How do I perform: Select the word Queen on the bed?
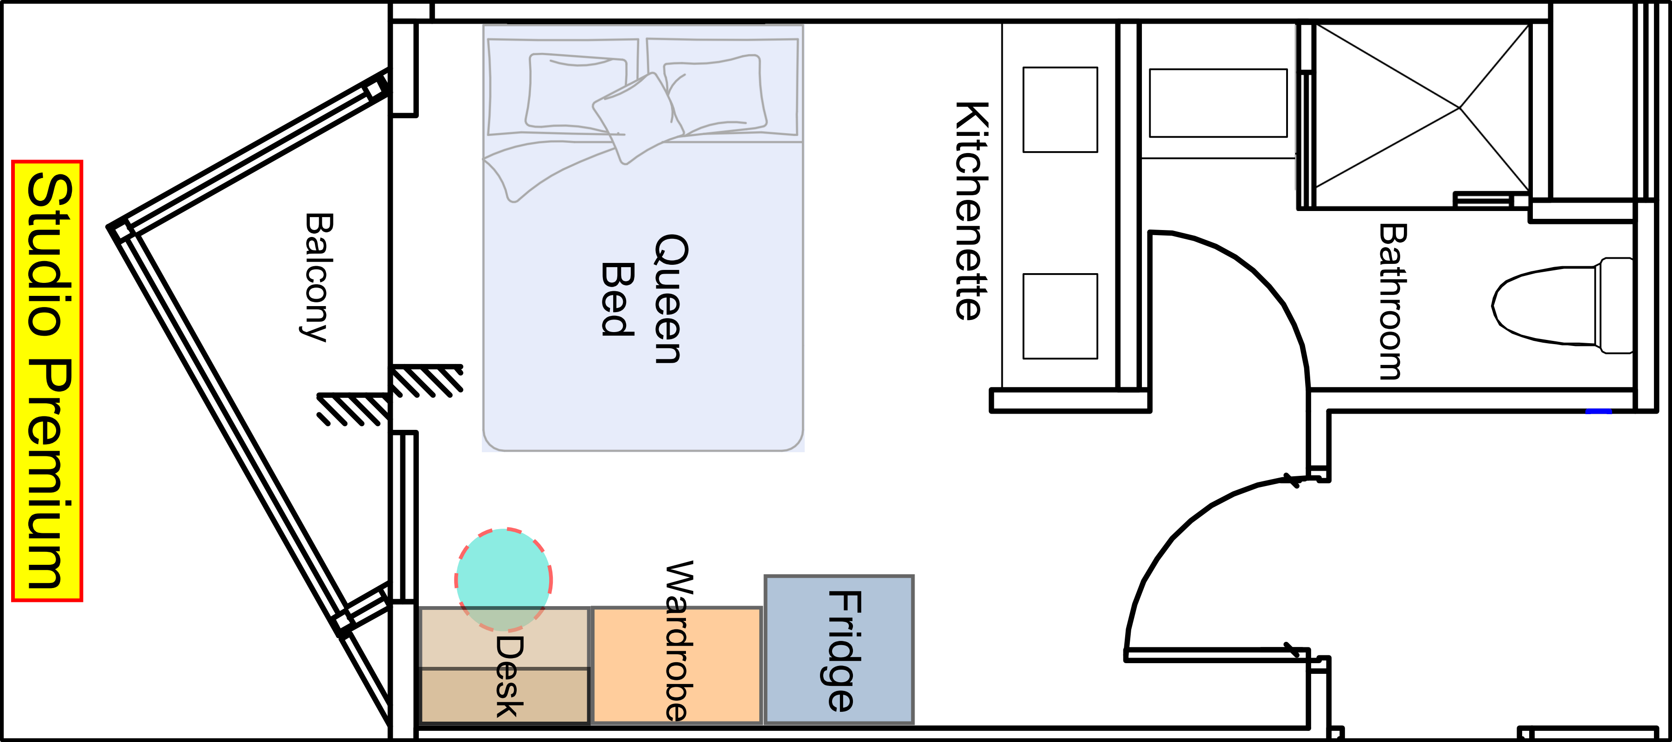pyautogui.click(x=668, y=299)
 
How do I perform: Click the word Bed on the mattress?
pyautogui.click(x=616, y=299)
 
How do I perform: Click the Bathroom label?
pyautogui.click(x=1393, y=301)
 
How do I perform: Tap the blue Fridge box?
pyautogui.click(x=839, y=649)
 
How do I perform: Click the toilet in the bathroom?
pyautogui.click(x=1558, y=305)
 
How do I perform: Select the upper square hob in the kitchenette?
pyautogui.click(x=1060, y=110)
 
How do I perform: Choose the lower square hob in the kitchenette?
pyautogui.click(x=1060, y=316)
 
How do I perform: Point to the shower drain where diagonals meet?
pyautogui.click(x=1460, y=108)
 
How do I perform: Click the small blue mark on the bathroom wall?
pyautogui.click(x=1599, y=411)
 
